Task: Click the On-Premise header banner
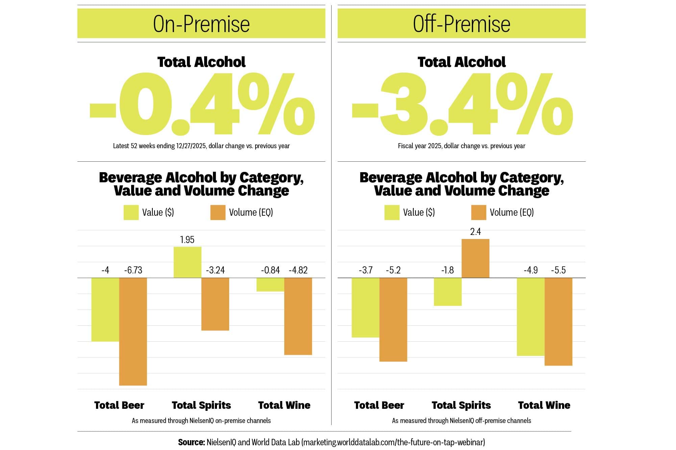coord(201,24)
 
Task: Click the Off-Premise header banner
coord(461,24)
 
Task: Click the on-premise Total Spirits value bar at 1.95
coord(187,262)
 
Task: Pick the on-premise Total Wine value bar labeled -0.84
coord(270,285)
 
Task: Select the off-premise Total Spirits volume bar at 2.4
coord(475,258)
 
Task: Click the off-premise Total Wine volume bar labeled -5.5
coord(558,321)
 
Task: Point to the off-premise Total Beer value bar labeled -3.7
coord(365,307)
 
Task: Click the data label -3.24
coord(215,270)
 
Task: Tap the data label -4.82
coord(298,270)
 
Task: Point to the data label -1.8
coord(448,270)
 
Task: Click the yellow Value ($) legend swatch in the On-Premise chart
coord(131,212)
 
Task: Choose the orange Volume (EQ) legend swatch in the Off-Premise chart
coord(479,212)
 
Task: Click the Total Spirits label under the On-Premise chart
coord(201,405)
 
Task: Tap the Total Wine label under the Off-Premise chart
coord(544,405)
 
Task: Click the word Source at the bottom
coord(191,442)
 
